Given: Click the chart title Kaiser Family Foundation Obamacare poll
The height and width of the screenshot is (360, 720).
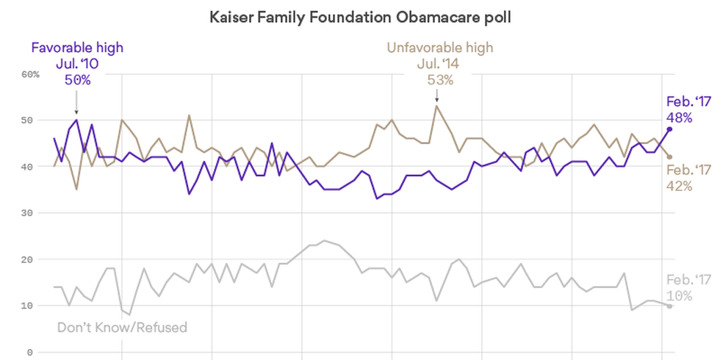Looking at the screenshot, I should (360, 16).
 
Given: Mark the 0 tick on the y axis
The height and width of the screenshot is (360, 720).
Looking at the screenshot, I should (32, 352).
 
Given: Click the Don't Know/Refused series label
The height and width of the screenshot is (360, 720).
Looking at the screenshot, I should (122, 327).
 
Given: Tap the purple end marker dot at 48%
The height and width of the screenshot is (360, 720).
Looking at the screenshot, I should (670, 129).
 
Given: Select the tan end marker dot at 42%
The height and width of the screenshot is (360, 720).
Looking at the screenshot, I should (670, 156).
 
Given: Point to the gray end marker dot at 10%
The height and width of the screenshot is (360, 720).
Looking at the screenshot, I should (670, 306).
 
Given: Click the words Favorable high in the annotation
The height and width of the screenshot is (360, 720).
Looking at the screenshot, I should (76, 48).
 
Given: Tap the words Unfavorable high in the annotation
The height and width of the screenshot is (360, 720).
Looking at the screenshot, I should (440, 48).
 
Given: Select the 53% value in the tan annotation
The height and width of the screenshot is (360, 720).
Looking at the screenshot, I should (440, 80).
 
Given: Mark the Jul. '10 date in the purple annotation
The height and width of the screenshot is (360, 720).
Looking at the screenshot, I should (76, 64).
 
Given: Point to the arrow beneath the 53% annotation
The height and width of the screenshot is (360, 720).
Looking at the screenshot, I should (436, 97).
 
